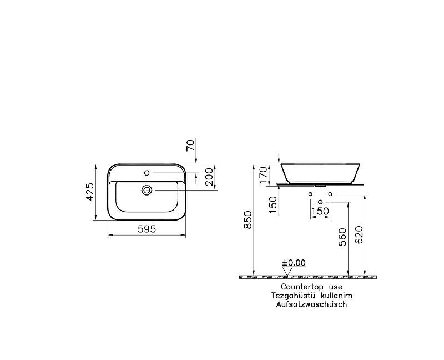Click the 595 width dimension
pos(147,228)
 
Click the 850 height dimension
pos(248,219)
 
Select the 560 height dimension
pos(342,237)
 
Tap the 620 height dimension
pos(359,236)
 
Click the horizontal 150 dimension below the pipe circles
pos(320,211)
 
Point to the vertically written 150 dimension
pos(273,203)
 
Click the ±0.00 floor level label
pos(294,263)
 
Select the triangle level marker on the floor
pos(287,271)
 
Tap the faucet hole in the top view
pos(147,172)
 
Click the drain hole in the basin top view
pos(147,190)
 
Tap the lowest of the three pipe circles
pos(320,201)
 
